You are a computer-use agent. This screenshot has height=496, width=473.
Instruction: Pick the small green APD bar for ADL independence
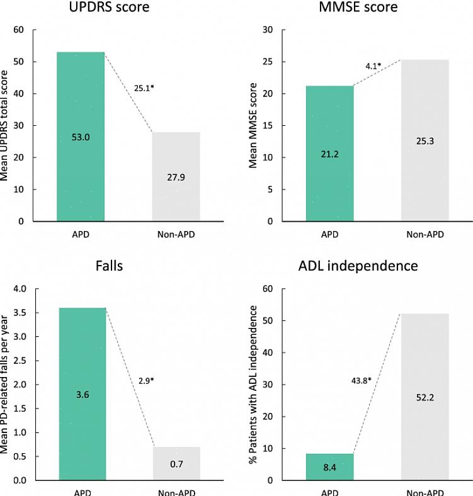(x=329, y=466)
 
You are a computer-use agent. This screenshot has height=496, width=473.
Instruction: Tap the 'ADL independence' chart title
(x=358, y=266)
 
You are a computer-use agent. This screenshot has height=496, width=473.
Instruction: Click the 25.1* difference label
(x=144, y=87)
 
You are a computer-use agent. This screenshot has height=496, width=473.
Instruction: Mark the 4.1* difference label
(x=373, y=65)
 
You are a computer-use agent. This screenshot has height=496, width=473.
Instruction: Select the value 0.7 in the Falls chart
(x=177, y=464)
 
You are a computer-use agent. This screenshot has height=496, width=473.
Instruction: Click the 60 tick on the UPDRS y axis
(x=18, y=30)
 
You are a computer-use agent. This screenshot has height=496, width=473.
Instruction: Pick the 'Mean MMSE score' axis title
(x=253, y=126)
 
